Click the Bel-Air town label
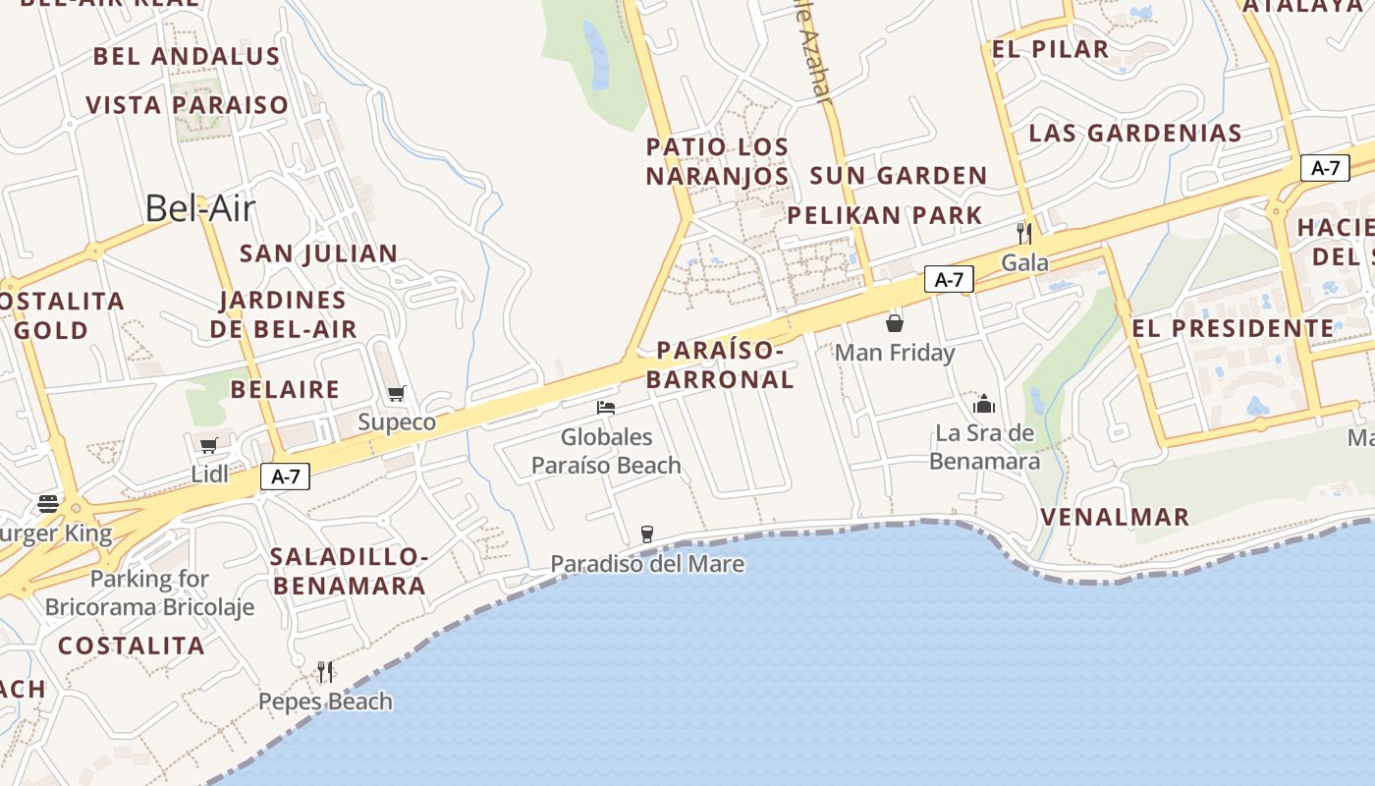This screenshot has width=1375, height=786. [x=200, y=208]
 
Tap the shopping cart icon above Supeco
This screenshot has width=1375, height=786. [x=397, y=394]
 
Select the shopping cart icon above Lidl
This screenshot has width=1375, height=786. [x=209, y=446]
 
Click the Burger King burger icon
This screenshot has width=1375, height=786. [x=48, y=504]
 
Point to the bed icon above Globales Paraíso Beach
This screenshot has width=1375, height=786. [x=606, y=408]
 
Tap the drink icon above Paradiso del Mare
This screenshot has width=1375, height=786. [x=646, y=534]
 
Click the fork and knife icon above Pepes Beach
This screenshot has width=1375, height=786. [x=325, y=672]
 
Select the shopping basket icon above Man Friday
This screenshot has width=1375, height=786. [x=895, y=323]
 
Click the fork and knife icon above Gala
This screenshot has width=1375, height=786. [x=1024, y=233]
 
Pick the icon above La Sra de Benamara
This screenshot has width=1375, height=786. [x=984, y=404]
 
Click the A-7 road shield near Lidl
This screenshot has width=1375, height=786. [x=285, y=477]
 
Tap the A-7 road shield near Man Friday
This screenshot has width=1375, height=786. [x=948, y=280]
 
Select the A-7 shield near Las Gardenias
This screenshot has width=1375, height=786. [x=1325, y=168]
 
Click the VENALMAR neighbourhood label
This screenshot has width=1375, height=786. [x=1115, y=517]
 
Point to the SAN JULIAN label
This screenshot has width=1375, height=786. [x=319, y=253]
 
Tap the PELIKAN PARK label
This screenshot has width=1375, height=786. [x=885, y=215]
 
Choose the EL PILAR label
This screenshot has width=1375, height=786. [x=1050, y=49]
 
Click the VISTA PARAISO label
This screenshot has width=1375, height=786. [x=188, y=105]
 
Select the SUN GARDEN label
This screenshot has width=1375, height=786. [x=898, y=176]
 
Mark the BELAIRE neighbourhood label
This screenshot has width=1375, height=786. [x=285, y=389]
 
